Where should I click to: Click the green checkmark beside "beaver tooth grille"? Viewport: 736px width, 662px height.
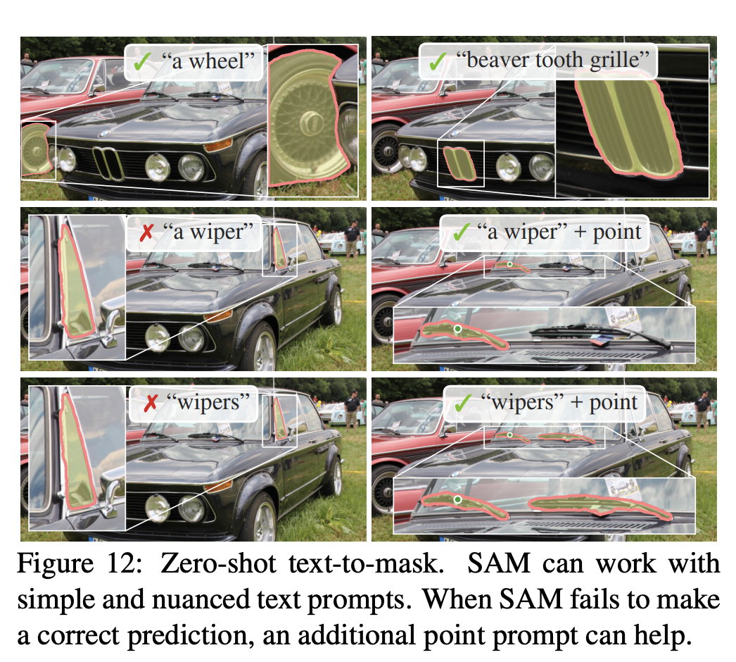438,61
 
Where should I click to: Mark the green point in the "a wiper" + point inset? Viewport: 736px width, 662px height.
457,329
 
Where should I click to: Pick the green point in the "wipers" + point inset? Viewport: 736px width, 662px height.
458,499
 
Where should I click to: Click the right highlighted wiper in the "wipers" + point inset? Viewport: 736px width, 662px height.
598,504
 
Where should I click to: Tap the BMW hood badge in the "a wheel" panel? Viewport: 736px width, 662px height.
104,132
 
